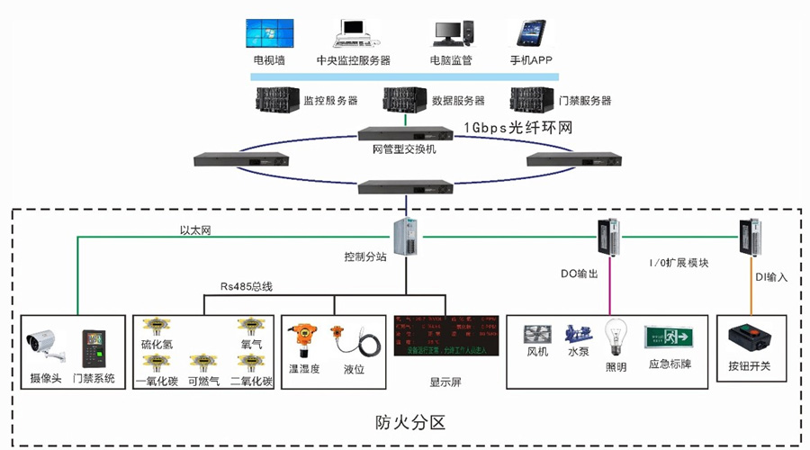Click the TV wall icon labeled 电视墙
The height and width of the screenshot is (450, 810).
269,33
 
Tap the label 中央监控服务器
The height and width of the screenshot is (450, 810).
354,61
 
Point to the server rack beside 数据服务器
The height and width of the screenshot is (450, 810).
405,99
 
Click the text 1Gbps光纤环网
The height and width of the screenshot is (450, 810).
517,129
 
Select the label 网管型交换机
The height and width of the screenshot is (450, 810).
404,148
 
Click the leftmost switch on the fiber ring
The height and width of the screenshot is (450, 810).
241,160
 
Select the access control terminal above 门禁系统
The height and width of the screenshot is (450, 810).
93,346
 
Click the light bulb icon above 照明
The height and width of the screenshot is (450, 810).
616,336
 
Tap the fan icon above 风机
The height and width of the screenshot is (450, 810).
537,336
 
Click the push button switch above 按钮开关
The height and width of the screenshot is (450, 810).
749,339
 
